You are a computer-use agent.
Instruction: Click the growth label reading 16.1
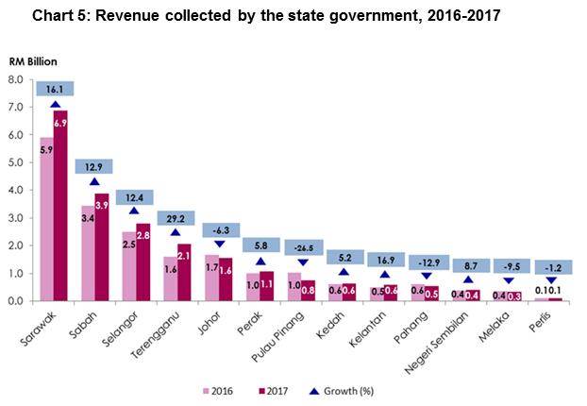pos(55,89)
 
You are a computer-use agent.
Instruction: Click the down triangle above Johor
pos(220,244)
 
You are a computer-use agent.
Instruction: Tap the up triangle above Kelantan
pos(385,273)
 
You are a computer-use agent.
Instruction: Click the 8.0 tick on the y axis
pos(17,79)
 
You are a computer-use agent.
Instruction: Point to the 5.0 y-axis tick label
pos(17,162)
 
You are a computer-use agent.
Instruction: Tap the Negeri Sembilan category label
pos(450,334)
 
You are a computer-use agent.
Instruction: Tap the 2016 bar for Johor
pos(211,278)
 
